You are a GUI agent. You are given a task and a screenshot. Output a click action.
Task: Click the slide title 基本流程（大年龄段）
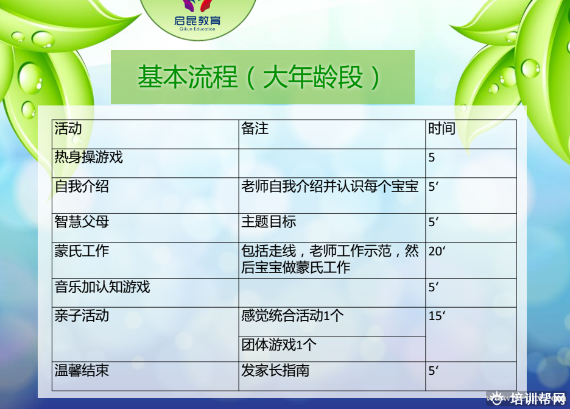pyautogui.click(x=259, y=77)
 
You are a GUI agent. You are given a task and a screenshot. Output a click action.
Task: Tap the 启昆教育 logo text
pyautogui.click(x=197, y=20)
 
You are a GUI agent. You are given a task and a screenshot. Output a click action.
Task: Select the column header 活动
pyautogui.click(x=68, y=129)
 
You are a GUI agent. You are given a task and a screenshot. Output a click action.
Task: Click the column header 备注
pyautogui.click(x=255, y=129)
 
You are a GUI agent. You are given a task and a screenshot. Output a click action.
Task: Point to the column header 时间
pyautogui.click(x=442, y=129)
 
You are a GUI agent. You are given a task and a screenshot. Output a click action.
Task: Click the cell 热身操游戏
pyautogui.click(x=89, y=157)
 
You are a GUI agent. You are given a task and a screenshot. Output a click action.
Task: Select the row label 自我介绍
pyautogui.click(x=82, y=187)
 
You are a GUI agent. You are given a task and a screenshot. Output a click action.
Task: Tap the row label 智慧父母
pyautogui.click(x=82, y=222)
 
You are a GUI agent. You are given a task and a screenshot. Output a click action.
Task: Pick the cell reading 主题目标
pyautogui.click(x=269, y=222)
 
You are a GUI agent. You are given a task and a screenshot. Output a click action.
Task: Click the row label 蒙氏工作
pyautogui.click(x=82, y=251)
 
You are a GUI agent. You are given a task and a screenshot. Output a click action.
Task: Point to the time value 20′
pyautogui.click(x=437, y=251)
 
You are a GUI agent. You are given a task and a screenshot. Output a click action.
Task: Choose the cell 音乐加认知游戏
pyautogui.click(x=102, y=286)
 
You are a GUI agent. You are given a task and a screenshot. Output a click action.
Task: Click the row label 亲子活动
pyautogui.click(x=82, y=316)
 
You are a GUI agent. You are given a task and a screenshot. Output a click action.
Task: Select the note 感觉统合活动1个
pyautogui.click(x=292, y=316)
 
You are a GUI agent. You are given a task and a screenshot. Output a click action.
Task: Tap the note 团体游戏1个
pyautogui.click(x=279, y=344)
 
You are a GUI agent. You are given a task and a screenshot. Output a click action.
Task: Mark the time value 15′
pyautogui.click(x=437, y=316)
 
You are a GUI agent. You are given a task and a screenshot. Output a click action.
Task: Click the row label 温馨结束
pyautogui.click(x=82, y=371)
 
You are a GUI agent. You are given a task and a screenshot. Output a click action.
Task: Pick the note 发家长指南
pyautogui.click(x=275, y=371)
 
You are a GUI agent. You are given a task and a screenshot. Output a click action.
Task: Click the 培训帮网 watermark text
pyautogui.click(x=538, y=399)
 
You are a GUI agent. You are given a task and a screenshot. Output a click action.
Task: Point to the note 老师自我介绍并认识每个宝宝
pyautogui.click(x=329, y=187)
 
